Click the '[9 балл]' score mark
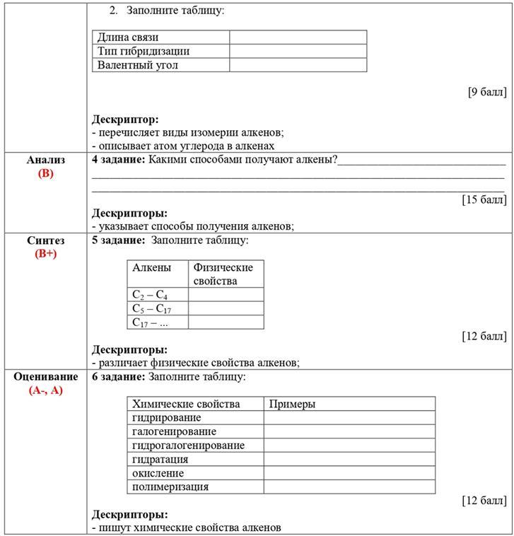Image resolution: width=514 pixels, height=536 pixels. click(x=486, y=92)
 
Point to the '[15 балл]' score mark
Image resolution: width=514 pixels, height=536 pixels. click(x=484, y=199)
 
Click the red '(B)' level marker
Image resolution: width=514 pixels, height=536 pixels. click(x=46, y=173)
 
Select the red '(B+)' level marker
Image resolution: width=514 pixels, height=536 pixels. click(x=46, y=254)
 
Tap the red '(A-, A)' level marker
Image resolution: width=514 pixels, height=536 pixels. click(x=46, y=390)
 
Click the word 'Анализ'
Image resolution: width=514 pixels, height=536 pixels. click(x=46, y=160)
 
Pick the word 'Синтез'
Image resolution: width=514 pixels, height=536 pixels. click(x=46, y=240)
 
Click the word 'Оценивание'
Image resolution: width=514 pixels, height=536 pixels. click(x=46, y=376)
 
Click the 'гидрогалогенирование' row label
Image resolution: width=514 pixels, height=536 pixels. click(x=188, y=445)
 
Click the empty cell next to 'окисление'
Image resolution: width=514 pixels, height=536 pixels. click(x=349, y=473)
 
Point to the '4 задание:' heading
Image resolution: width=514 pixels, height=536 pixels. click(x=118, y=160)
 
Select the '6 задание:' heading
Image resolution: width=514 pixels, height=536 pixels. click(x=118, y=377)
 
